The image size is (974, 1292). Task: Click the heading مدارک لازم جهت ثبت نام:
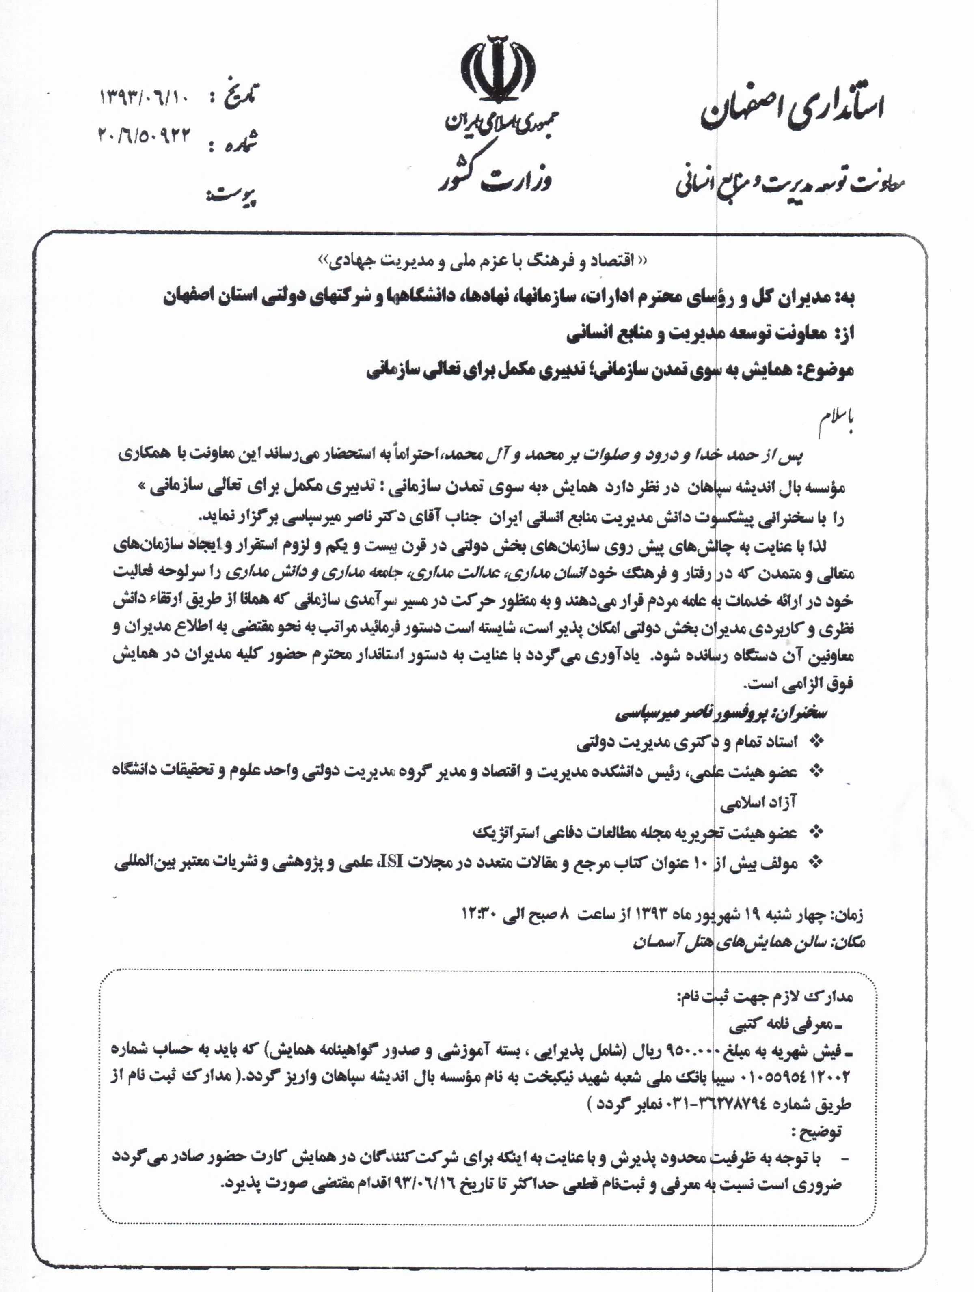[x=764, y=997]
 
